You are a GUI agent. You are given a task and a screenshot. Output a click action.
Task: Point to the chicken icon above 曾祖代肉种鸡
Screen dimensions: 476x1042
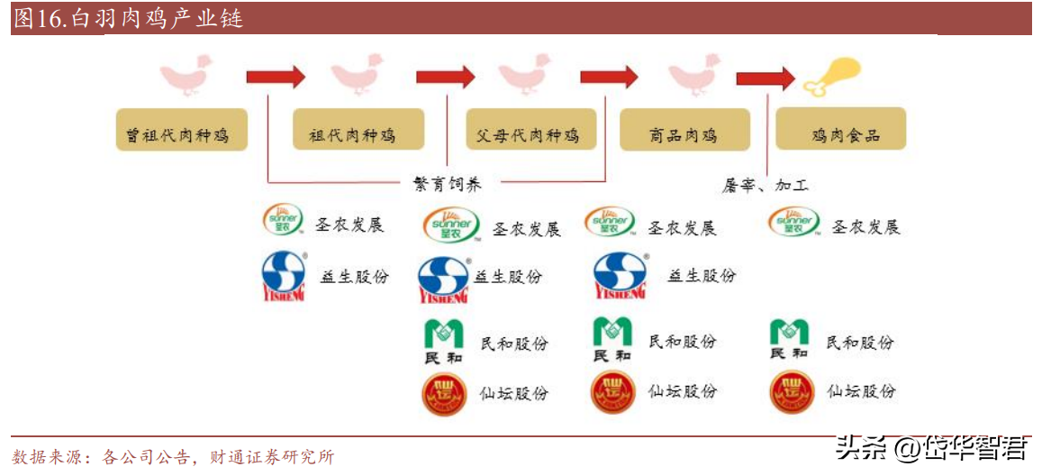[186, 74]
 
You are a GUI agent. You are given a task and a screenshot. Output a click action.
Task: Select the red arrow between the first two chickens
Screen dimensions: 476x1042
[276, 77]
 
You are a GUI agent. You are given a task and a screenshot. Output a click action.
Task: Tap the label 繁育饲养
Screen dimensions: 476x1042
[448, 184]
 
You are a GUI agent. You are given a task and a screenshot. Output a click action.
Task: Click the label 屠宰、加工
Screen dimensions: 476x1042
[766, 185]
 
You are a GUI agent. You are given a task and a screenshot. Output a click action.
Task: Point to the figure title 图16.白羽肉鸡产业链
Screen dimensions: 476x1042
[129, 18]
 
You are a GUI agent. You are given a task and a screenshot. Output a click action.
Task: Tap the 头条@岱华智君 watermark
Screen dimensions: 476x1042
[932, 447]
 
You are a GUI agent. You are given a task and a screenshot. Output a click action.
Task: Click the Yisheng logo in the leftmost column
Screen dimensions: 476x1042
[285, 276]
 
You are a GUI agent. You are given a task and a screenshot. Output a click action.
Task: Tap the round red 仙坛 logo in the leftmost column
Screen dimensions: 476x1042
[445, 394]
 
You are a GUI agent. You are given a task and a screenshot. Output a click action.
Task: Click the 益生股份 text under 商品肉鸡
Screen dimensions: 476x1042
[702, 275]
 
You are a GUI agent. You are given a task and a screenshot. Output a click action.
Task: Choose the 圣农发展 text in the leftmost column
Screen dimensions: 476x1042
[350, 224]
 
